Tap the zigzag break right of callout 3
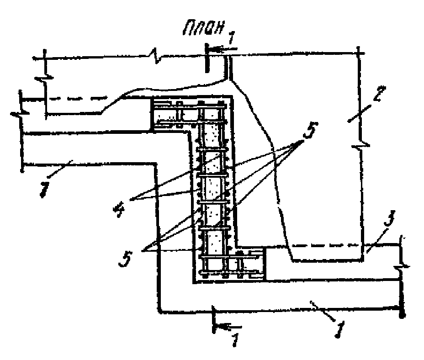[401, 264]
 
